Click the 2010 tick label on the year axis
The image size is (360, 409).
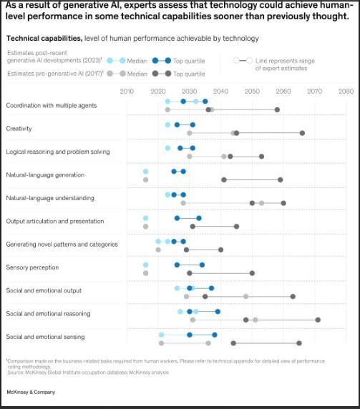click(127, 92)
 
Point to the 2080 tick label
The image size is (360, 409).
click(346, 92)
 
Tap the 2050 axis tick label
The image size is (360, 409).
click(252, 92)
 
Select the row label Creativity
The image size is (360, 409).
click(19, 129)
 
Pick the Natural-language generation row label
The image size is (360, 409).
click(45, 175)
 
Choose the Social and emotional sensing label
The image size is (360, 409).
click(45, 337)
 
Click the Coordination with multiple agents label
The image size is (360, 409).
click(51, 106)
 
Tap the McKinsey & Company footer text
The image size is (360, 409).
click(30, 392)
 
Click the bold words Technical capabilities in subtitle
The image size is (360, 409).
click(43, 39)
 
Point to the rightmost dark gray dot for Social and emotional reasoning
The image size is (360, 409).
click(318, 320)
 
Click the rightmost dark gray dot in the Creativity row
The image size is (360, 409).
click(302, 133)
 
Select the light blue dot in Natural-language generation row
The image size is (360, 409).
click(145, 172)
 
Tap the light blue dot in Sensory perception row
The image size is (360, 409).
click(145, 265)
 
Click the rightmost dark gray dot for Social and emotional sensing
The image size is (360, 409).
click(299, 343)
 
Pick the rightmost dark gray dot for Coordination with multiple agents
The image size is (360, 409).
click(277, 109)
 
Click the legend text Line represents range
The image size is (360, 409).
click(285, 61)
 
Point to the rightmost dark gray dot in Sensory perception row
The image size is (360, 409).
click(252, 273)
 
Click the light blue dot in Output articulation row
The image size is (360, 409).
click(145, 218)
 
